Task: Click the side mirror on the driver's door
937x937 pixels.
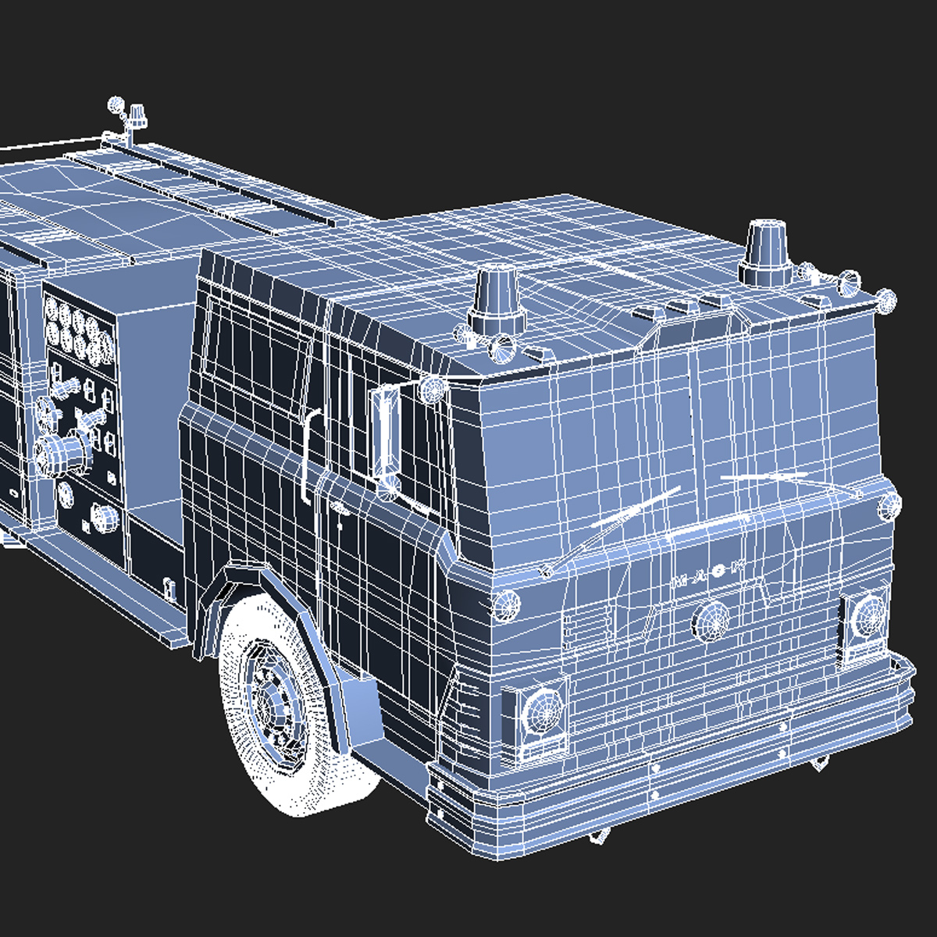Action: point(386,431)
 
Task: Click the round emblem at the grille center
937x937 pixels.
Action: point(711,619)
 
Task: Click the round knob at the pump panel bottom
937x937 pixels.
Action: point(104,516)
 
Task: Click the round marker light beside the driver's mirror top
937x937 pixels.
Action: point(432,388)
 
